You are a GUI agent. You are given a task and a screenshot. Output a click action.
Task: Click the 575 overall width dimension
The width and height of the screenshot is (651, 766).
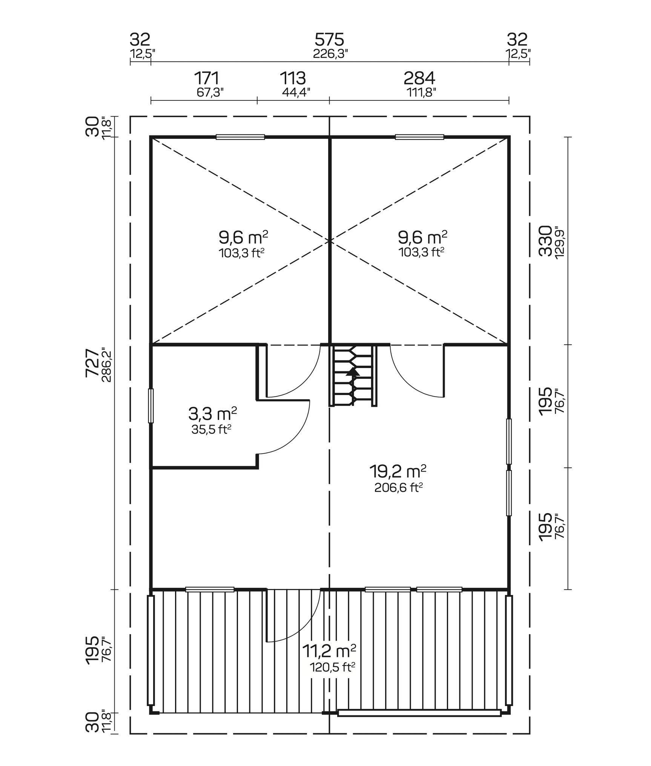pyautogui.click(x=329, y=40)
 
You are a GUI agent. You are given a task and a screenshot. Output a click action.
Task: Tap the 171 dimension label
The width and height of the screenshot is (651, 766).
pyautogui.click(x=206, y=78)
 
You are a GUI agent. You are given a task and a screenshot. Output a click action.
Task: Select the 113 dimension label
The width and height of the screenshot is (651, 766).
pyautogui.click(x=293, y=78)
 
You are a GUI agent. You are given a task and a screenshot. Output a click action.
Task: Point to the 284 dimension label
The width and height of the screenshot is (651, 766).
pyautogui.click(x=419, y=78)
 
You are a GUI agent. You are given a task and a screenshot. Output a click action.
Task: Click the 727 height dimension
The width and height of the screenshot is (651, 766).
pyautogui.click(x=92, y=363)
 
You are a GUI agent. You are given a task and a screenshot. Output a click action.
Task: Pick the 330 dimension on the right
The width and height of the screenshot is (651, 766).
pyautogui.click(x=545, y=241)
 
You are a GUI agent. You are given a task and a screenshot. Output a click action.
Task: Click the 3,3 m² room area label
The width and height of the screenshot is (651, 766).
pyautogui.click(x=212, y=414)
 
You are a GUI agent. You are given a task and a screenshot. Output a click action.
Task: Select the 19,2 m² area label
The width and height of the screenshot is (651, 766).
pyautogui.click(x=398, y=472)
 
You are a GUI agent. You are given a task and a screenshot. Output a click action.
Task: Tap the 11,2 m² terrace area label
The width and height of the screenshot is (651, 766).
pyautogui.click(x=329, y=651)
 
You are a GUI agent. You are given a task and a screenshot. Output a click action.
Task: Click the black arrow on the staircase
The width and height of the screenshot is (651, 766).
pyautogui.click(x=353, y=372)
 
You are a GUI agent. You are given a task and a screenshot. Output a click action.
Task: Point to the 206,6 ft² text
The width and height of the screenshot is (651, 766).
pyautogui.click(x=398, y=488)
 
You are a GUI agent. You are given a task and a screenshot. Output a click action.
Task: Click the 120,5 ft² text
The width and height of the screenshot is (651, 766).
pyautogui.click(x=332, y=668)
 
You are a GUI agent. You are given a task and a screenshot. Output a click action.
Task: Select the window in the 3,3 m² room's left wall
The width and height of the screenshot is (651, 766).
pyautogui.click(x=151, y=406)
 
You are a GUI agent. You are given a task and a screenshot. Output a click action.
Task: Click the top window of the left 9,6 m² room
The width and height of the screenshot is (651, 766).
pyautogui.click(x=240, y=137)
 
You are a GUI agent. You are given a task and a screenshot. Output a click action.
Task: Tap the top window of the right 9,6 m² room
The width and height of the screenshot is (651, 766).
pyautogui.click(x=419, y=137)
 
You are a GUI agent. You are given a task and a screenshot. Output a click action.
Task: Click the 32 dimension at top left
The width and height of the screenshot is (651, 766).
pyautogui.click(x=140, y=40)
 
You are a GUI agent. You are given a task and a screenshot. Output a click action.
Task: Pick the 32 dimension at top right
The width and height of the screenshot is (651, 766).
pyautogui.click(x=517, y=40)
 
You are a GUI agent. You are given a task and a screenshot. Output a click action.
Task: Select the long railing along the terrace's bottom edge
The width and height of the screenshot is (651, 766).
pyautogui.click(x=419, y=713)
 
